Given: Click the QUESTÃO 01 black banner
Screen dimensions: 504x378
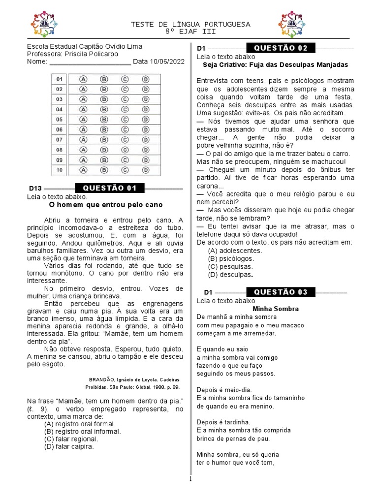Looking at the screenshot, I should pyautogui.click(x=109, y=189).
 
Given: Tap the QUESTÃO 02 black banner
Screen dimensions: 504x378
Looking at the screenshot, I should pyautogui.click(x=281, y=48).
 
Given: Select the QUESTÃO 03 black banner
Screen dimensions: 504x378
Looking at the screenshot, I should pyautogui.click(x=281, y=292).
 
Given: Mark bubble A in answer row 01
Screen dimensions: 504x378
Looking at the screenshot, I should pyautogui.click(x=83, y=79).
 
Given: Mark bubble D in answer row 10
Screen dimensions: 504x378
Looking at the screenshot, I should pyautogui.click(x=146, y=170).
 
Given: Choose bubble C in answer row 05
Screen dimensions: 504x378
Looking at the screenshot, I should pyautogui.click(x=125, y=119).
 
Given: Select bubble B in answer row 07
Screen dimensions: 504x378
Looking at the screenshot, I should pyautogui.click(x=104, y=140).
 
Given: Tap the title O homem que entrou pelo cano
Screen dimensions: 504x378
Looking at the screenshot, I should pyautogui.click(x=106, y=204).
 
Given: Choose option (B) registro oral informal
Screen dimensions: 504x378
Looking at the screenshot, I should pyautogui.click(x=80, y=431).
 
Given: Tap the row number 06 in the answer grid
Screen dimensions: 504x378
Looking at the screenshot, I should pyautogui.click(x=60, y=129).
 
